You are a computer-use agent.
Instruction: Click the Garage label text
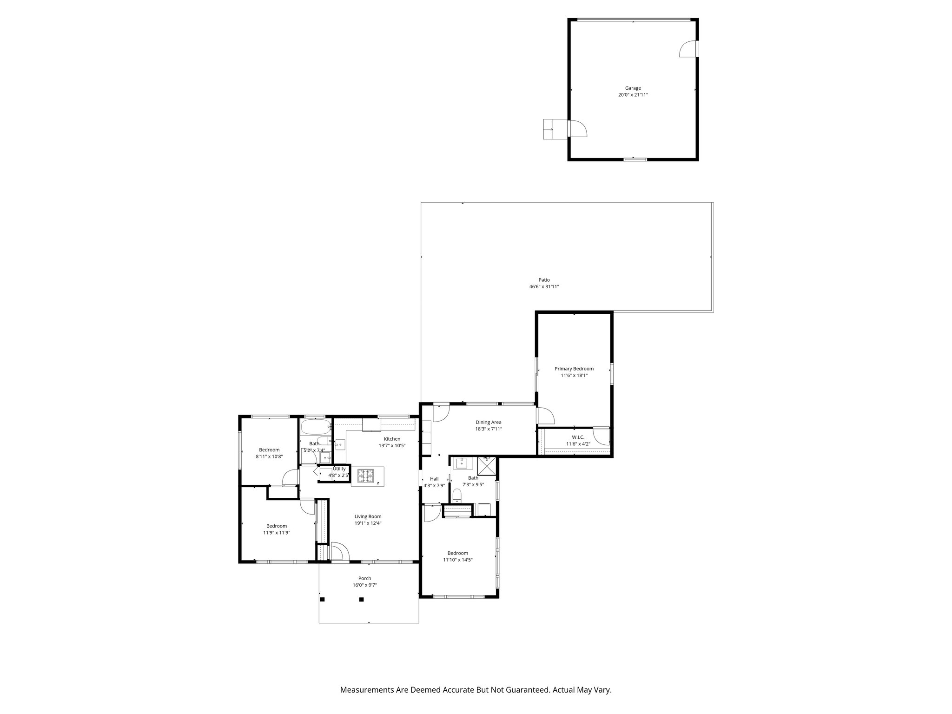tap(633, 88)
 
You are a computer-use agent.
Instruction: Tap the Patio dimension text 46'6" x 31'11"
tap(544, 287)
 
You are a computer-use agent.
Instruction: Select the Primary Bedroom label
tap(574, 369)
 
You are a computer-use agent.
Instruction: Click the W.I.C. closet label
tap(578, 437)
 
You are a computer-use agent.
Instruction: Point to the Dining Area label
tap(488, 422)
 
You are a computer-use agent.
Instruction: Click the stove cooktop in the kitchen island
tap(365, 476)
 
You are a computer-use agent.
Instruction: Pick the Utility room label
tap(339, 469)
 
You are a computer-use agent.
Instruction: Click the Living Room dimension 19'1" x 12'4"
tap(368, 523)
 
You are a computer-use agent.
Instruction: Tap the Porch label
tap(364, 578)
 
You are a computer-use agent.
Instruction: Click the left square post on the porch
tap(322, 600)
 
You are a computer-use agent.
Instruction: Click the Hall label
tap(434, 479)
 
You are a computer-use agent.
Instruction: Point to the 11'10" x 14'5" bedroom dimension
tap(457, 560)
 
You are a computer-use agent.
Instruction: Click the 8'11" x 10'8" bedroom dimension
tap(269, 456)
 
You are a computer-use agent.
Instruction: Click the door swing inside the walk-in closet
tap(601, 435)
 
